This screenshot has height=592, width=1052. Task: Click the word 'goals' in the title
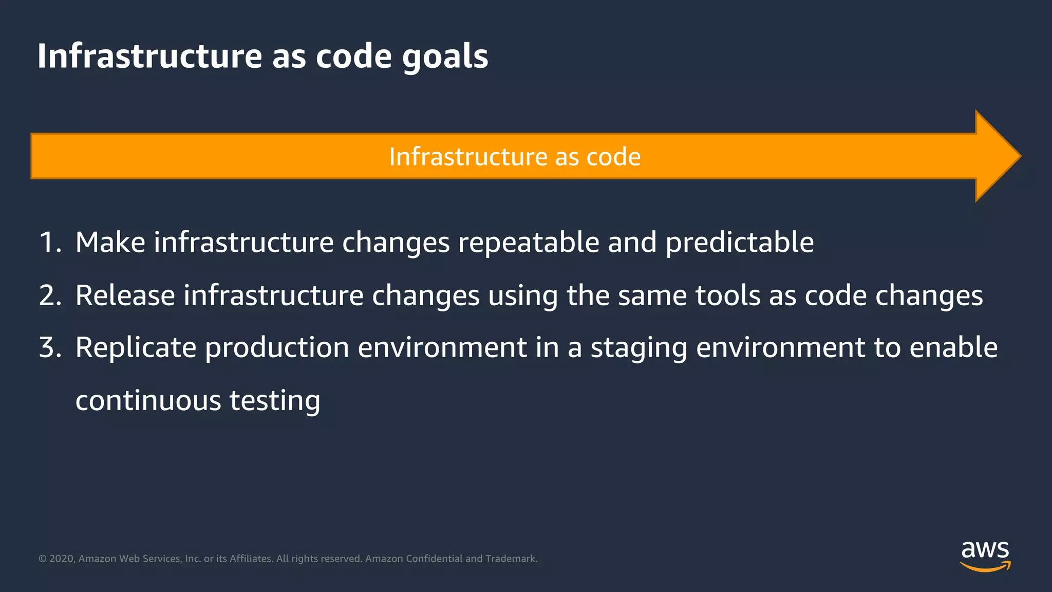point(445,57)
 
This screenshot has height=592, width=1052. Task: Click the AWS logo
point(985,556)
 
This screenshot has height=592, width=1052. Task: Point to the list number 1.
point(49,243)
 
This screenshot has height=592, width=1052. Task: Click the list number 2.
point(49,296)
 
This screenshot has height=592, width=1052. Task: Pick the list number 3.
point(49,348)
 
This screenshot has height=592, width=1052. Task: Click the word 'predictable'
point(739,243)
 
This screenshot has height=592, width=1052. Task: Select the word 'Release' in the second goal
point(125,296)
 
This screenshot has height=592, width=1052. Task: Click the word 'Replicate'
point(136,348)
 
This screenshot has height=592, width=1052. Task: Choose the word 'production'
point(277,348)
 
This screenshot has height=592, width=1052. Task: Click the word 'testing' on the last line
point(274,401)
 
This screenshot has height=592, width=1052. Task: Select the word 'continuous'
point(148,401)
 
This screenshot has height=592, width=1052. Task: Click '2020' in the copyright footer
point(62,559)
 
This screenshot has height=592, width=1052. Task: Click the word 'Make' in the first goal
point(110,243)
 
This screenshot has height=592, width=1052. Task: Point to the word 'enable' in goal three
point(953,348)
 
